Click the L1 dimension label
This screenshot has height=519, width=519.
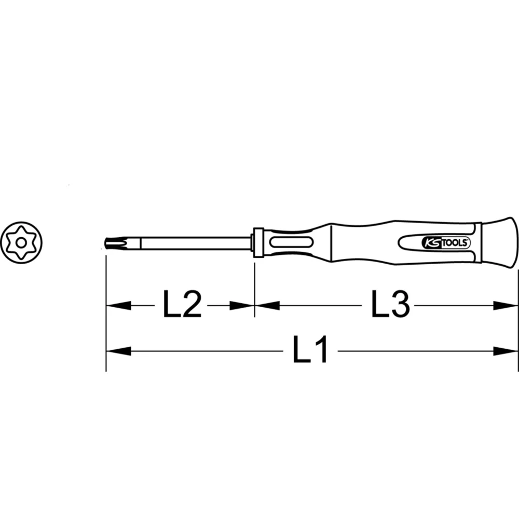click(x=310, y=351)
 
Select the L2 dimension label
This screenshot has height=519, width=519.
click(x=182, y=305)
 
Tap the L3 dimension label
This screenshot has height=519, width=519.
click(x=390, y=305)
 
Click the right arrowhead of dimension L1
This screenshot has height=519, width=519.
click(x=506, y=351)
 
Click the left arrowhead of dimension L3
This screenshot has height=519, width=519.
click(x=267, y=306)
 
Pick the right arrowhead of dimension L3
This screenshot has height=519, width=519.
click(x=506, y=306)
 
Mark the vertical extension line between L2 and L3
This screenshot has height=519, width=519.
click(x=254, y=291)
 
